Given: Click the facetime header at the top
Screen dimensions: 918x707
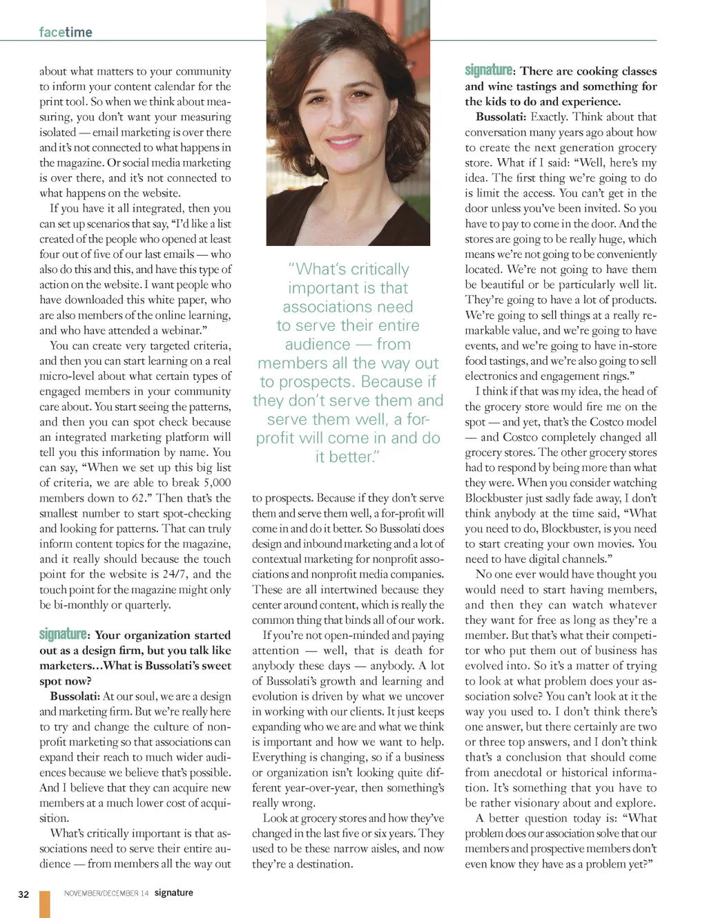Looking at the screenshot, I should point(66,32).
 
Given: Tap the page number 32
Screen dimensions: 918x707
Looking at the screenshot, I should point(23,894).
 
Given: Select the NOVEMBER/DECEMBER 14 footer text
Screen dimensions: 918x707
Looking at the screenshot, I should point(106,893).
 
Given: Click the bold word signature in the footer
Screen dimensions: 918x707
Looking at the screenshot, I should point(173,892).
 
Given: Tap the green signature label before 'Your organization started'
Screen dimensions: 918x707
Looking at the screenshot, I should point(64,634).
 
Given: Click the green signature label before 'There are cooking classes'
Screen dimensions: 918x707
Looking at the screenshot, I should point(489,70).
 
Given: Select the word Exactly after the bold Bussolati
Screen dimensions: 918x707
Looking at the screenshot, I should point(549,117).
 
